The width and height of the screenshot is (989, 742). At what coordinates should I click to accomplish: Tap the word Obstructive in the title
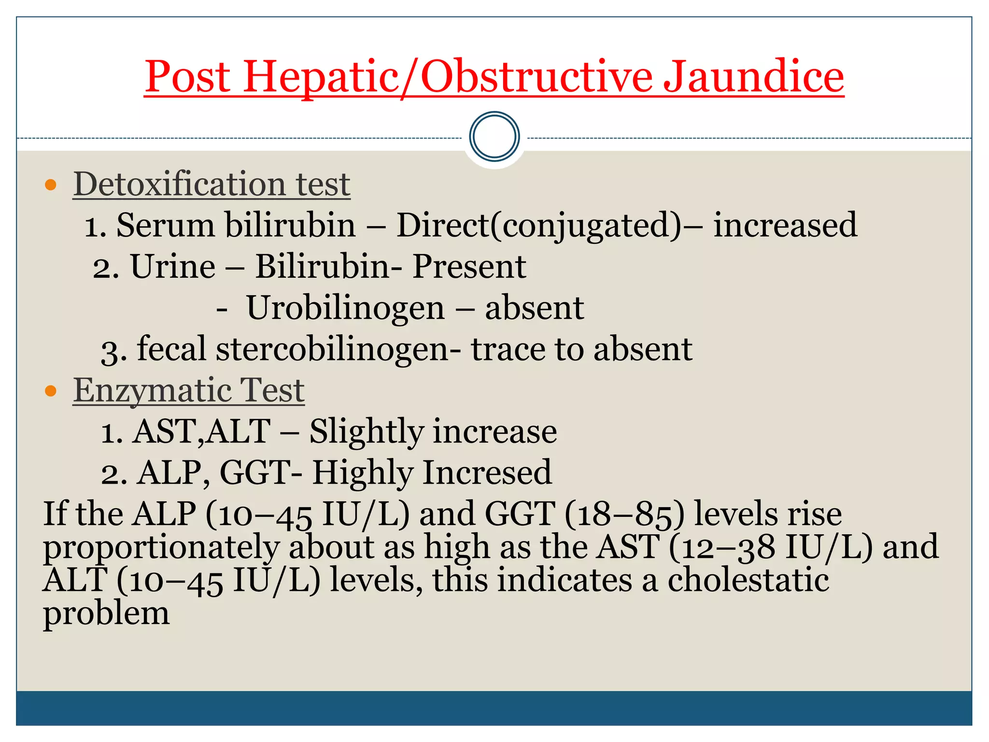(536, 77)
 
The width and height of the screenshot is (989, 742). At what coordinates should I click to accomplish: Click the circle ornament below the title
(494, 137)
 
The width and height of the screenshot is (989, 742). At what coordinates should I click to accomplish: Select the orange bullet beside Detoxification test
(51, 185)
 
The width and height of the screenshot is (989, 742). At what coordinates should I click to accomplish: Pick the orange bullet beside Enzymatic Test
(51, 390)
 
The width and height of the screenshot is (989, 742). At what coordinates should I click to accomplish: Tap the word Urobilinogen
(345, 308)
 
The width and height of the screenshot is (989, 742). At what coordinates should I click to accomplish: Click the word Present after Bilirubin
(469, 267)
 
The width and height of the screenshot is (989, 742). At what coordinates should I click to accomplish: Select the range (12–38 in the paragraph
(722, 547)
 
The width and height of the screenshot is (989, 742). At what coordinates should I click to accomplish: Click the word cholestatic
(748, 580)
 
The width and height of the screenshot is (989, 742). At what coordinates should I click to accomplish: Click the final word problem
(106, 614)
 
